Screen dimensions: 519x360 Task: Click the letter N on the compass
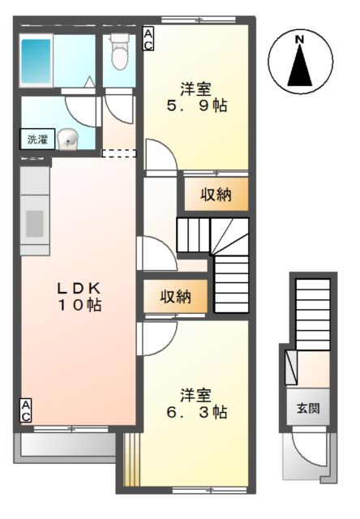click(300, 40)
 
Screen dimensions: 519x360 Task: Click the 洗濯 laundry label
click(37, 139)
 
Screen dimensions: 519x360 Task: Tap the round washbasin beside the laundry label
click(71, 139)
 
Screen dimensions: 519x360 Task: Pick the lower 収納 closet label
click(175, 297)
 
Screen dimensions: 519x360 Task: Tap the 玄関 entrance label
click(307, 408)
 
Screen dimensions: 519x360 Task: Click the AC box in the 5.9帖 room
click(149, 39)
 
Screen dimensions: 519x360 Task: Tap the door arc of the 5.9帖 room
click(161, 162)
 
